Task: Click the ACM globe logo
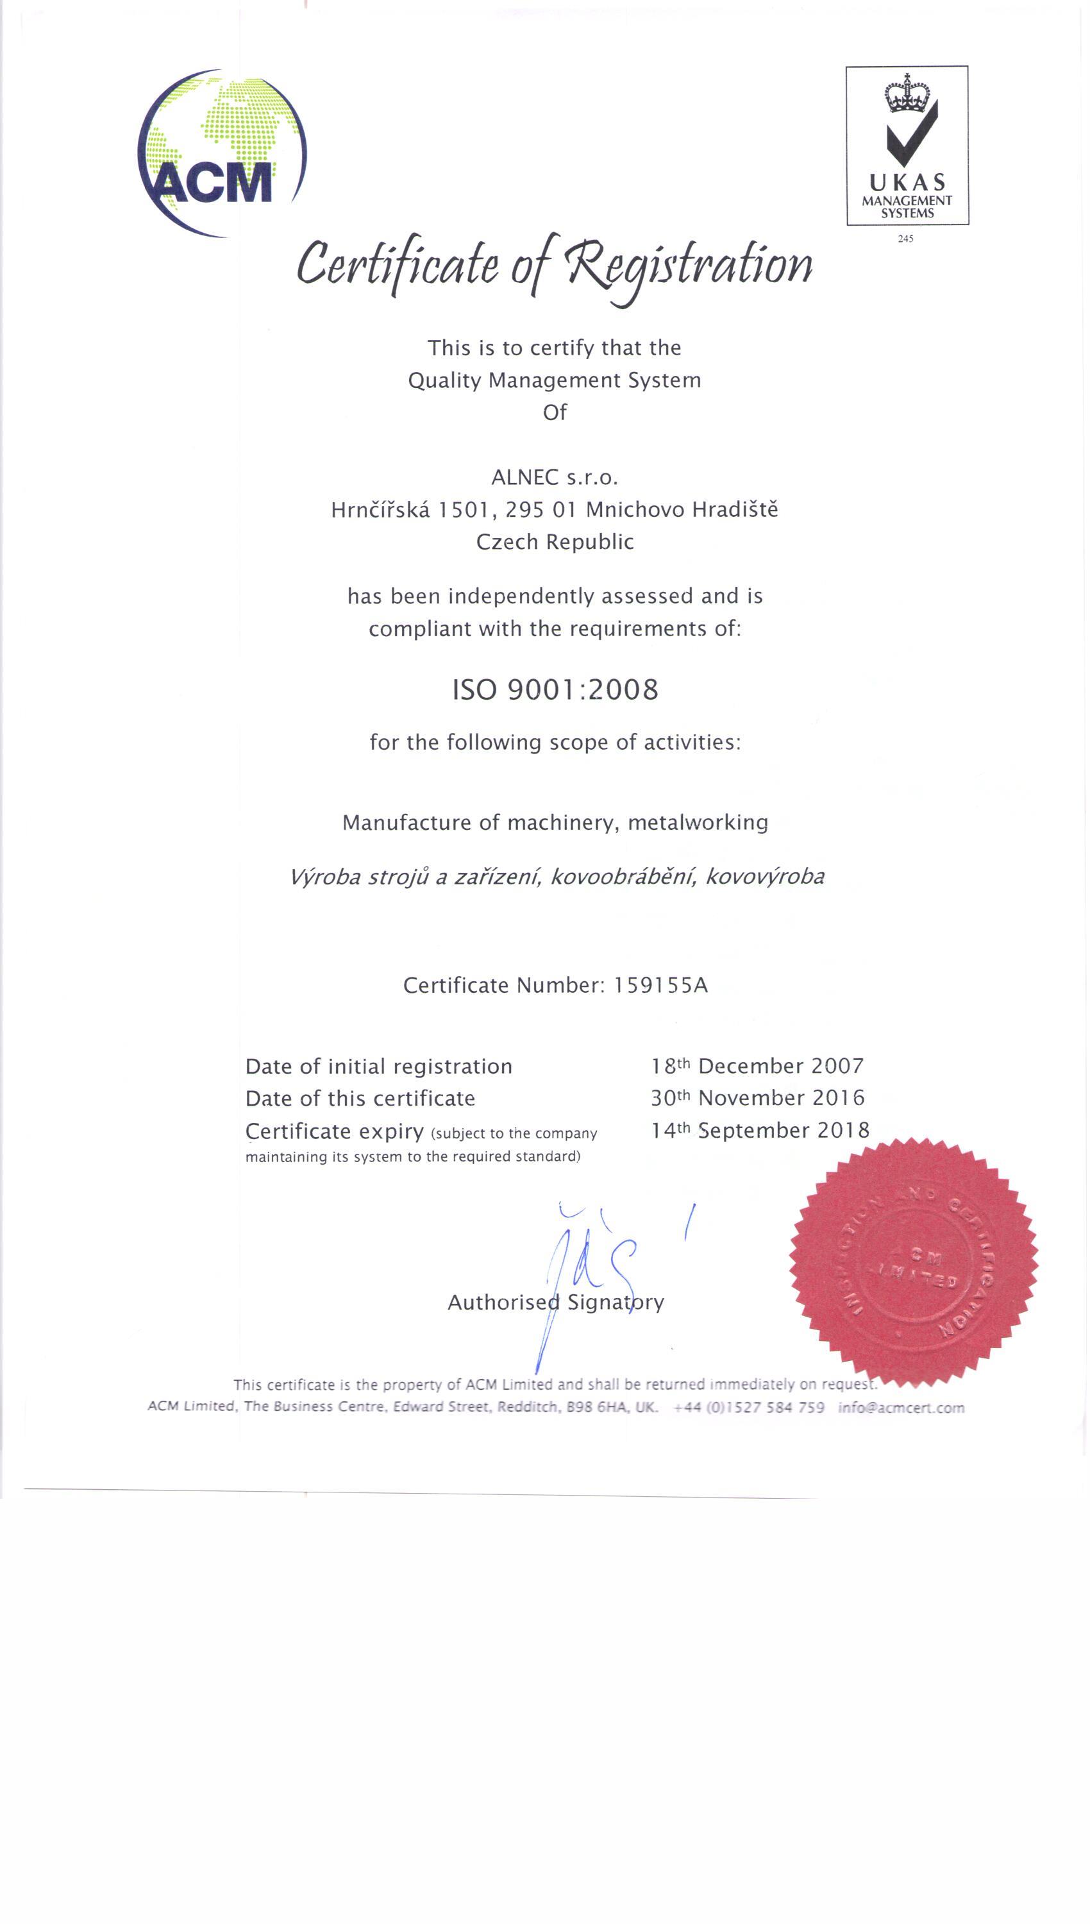tap(222, 153)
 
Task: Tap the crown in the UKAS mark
tap(907, 94)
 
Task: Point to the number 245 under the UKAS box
tap(906, 239)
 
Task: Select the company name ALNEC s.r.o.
tap(555, 477)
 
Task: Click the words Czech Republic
tap(555, 541)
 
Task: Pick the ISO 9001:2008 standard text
tap(555, 689)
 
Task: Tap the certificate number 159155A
tap(660, 984)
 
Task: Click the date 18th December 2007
tap(757, 1065)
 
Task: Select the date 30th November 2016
tap(757, 1097)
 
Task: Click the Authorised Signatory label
tap(555, 1303)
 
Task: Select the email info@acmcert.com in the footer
tap(901, 1408)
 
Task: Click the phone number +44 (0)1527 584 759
tap(749, 1408)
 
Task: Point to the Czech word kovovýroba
tap(764, 876)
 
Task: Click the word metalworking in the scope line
tap(698, 823)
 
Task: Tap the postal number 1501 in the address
tap(464, 510)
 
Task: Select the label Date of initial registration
tap(379, 1066)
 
